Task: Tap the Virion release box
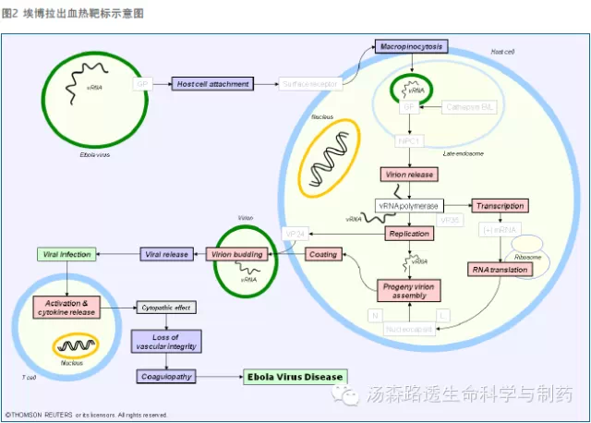point(405,175)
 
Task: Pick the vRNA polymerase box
point(408,205)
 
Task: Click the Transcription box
point(500,205)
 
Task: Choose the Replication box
point(408,235)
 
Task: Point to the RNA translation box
point(499,270)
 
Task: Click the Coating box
point(323,254)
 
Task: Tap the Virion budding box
point(236,254)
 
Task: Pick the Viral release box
point(166,254)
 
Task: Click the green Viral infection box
point(64,254)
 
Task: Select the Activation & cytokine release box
point(66,307)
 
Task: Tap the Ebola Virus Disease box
point(295,377)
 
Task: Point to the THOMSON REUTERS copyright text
point(86,415)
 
